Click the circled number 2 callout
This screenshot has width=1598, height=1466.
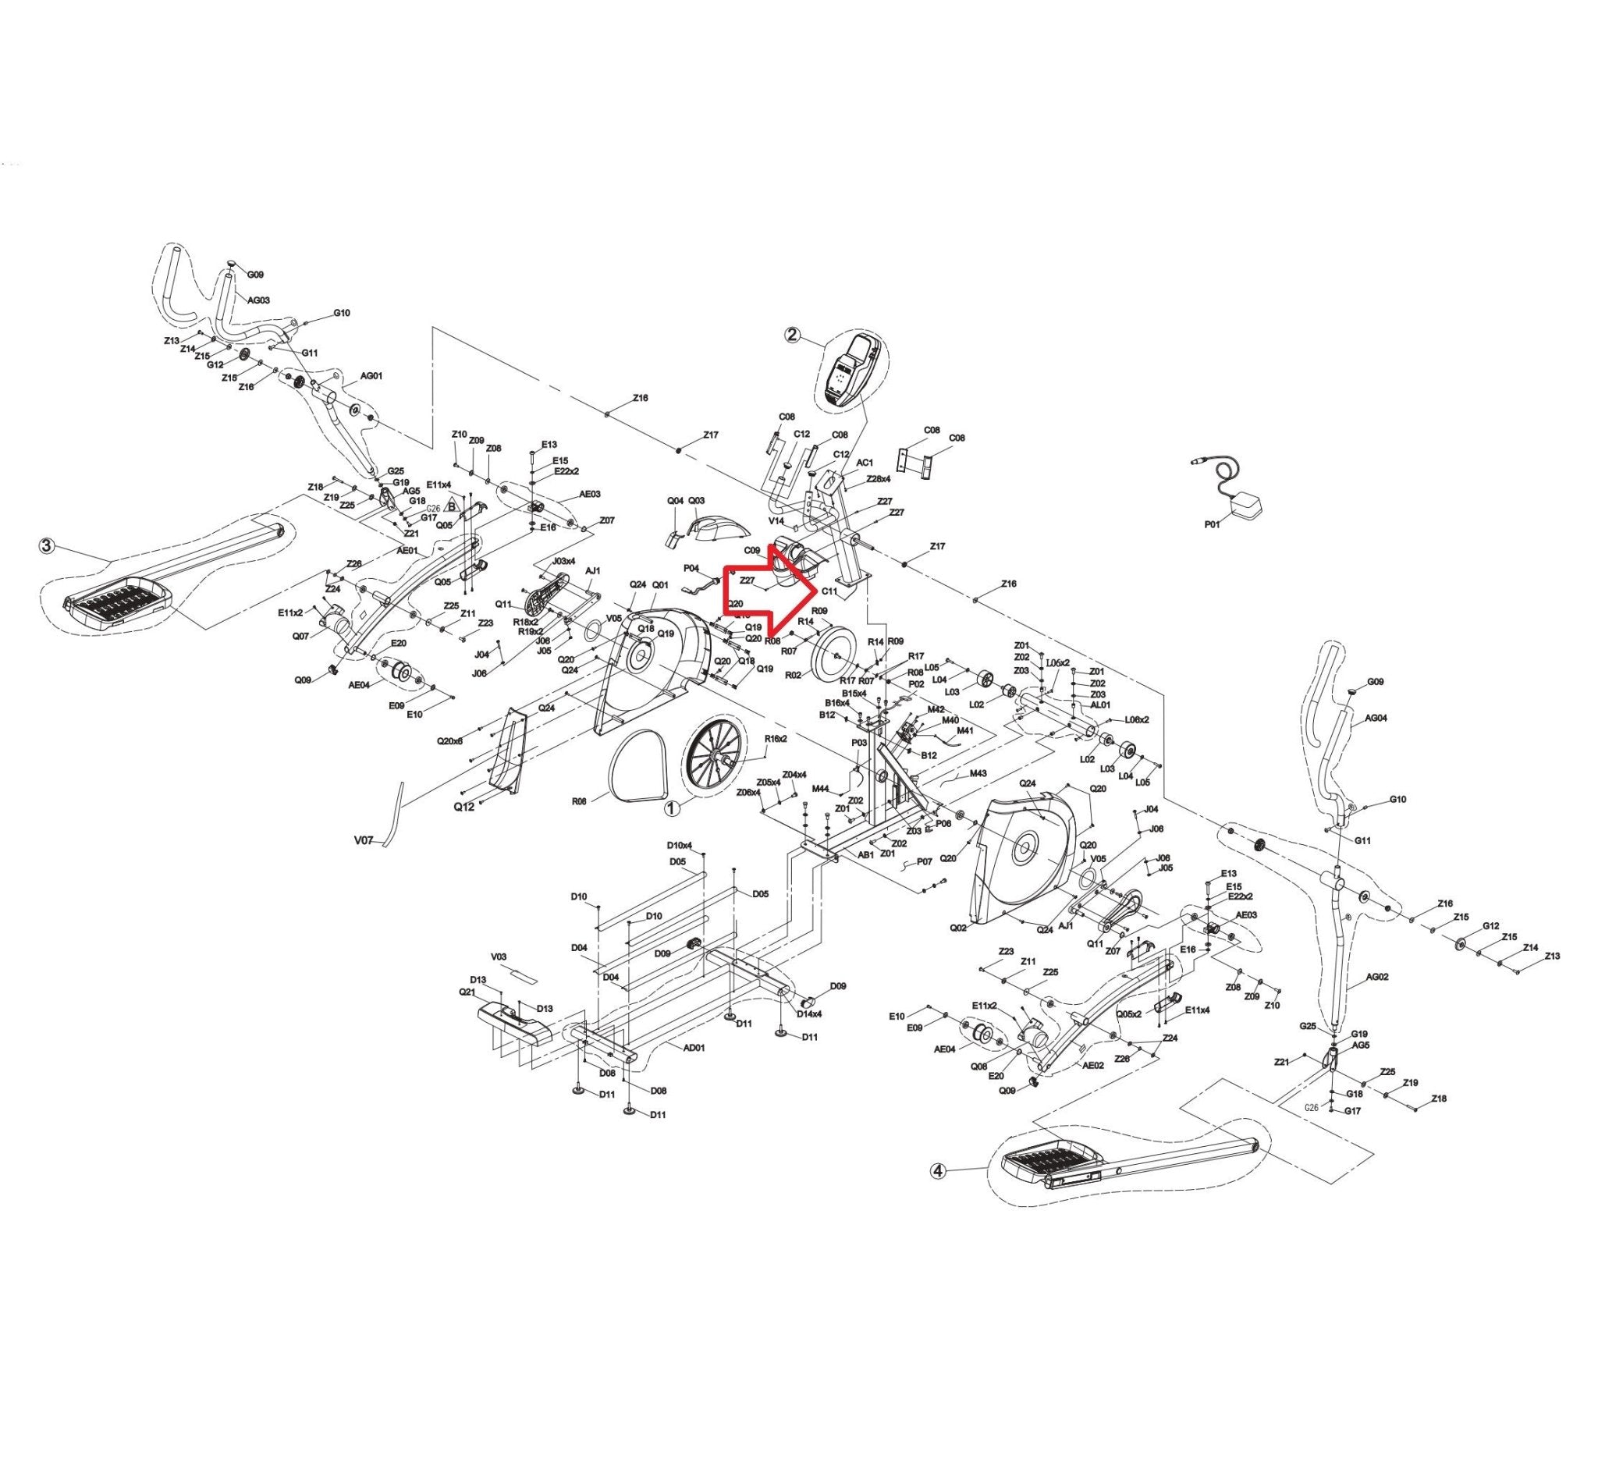(x=792, y=335)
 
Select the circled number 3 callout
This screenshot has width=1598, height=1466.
(x=47, y=546)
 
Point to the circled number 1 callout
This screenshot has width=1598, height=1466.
(x=672, y=808)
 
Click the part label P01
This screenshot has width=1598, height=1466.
(x=1212, y=524)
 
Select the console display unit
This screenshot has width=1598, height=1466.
(x=850, y=371)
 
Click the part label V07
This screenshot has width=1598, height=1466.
(x=364, y=839)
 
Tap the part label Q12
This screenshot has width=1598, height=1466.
(x=464, y=806)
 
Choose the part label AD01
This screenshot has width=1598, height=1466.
(x=694, y=1048)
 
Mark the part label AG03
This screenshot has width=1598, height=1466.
(x=259, y=300)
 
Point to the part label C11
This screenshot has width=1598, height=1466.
(x=829, y=591)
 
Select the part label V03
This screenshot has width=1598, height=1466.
(x=499, y=957)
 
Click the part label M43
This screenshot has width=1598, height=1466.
(x=978, y=773)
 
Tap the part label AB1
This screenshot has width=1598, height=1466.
(x=865, y=855)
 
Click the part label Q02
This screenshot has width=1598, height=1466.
(x=957, y=928)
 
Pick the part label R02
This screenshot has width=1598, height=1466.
(x=793, y=675)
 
